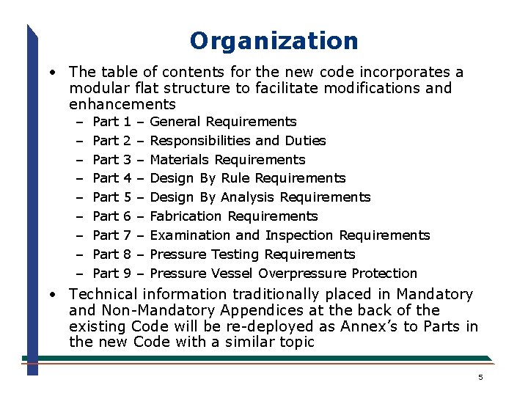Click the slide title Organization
274,40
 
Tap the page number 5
480,378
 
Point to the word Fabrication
186,216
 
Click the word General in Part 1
175,122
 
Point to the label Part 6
112,216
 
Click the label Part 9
112,274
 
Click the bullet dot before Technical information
54,294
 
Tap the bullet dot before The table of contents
54,73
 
